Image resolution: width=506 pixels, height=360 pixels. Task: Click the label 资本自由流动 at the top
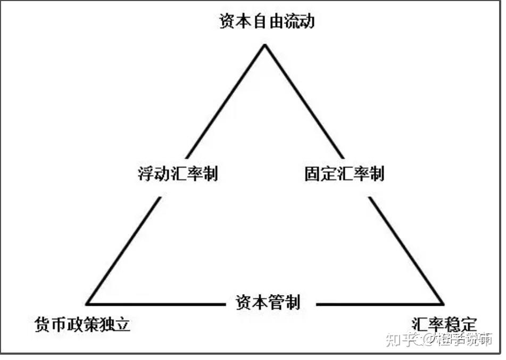tap(267, 21)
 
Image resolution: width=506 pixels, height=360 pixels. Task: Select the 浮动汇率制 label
tap(178, 174)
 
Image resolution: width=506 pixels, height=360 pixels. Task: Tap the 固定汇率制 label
tap(344, 174)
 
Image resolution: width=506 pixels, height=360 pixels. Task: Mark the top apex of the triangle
tap(264, 45)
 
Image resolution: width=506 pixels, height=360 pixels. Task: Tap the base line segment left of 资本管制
tap(154, 304)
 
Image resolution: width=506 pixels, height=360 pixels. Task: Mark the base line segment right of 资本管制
tap(378, 304)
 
